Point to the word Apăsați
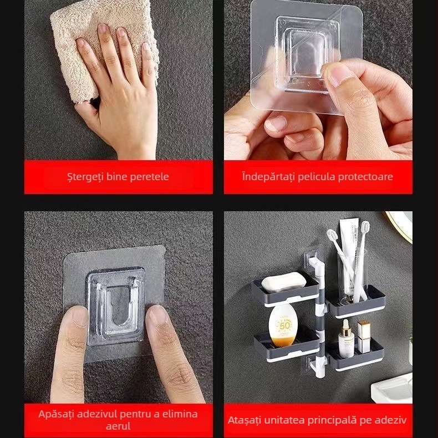[x=56, y=414]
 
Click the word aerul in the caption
[x=118, y=426]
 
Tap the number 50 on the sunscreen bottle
[x=284, y=325]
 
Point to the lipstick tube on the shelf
[x=364, y=337]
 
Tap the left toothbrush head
[x=332, y=235]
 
